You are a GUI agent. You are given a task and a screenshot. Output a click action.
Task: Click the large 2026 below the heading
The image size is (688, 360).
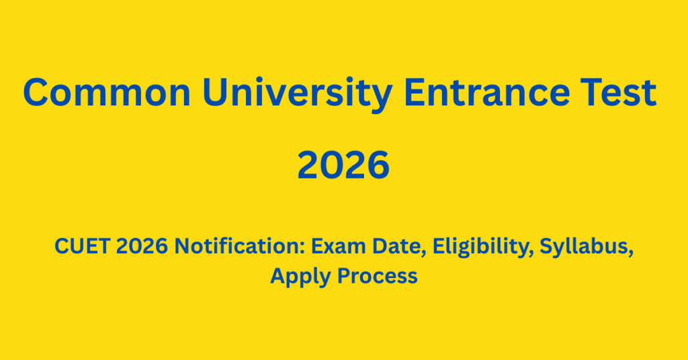343,165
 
